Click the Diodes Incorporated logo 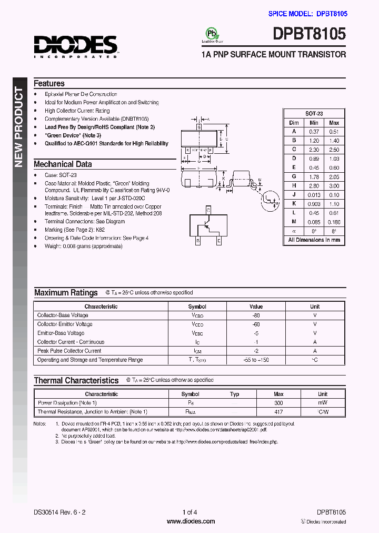pyautogui.click(x=75, y=46)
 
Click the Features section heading pyautogui.click(x=49, y=83)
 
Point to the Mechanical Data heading pyautogui.click(x=63, y=164)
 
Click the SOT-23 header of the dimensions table pyautogui.click(x=314, y=114)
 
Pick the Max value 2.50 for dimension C pyautogui.click(x=334, y=150)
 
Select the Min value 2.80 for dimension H pyautogui.click(x=314, y=185)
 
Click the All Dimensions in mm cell pyautogui.click(x=314, y=240)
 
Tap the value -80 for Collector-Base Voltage pyautogui.click(x=256, y=315)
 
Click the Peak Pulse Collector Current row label pyautogui.click(x=69, y=351)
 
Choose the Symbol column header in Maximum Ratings pyautogui.click(x=197, y=307)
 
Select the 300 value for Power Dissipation pyautogui.click(x=278, y=403)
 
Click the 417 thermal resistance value pyautogui.click(x=278, y=412)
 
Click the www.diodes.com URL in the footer pyautogui.click(x=190, y=521)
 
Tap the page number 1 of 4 pyautogui.click(x=189, y=512)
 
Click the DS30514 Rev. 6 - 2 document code pyautogui.click(x=59, y=512)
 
